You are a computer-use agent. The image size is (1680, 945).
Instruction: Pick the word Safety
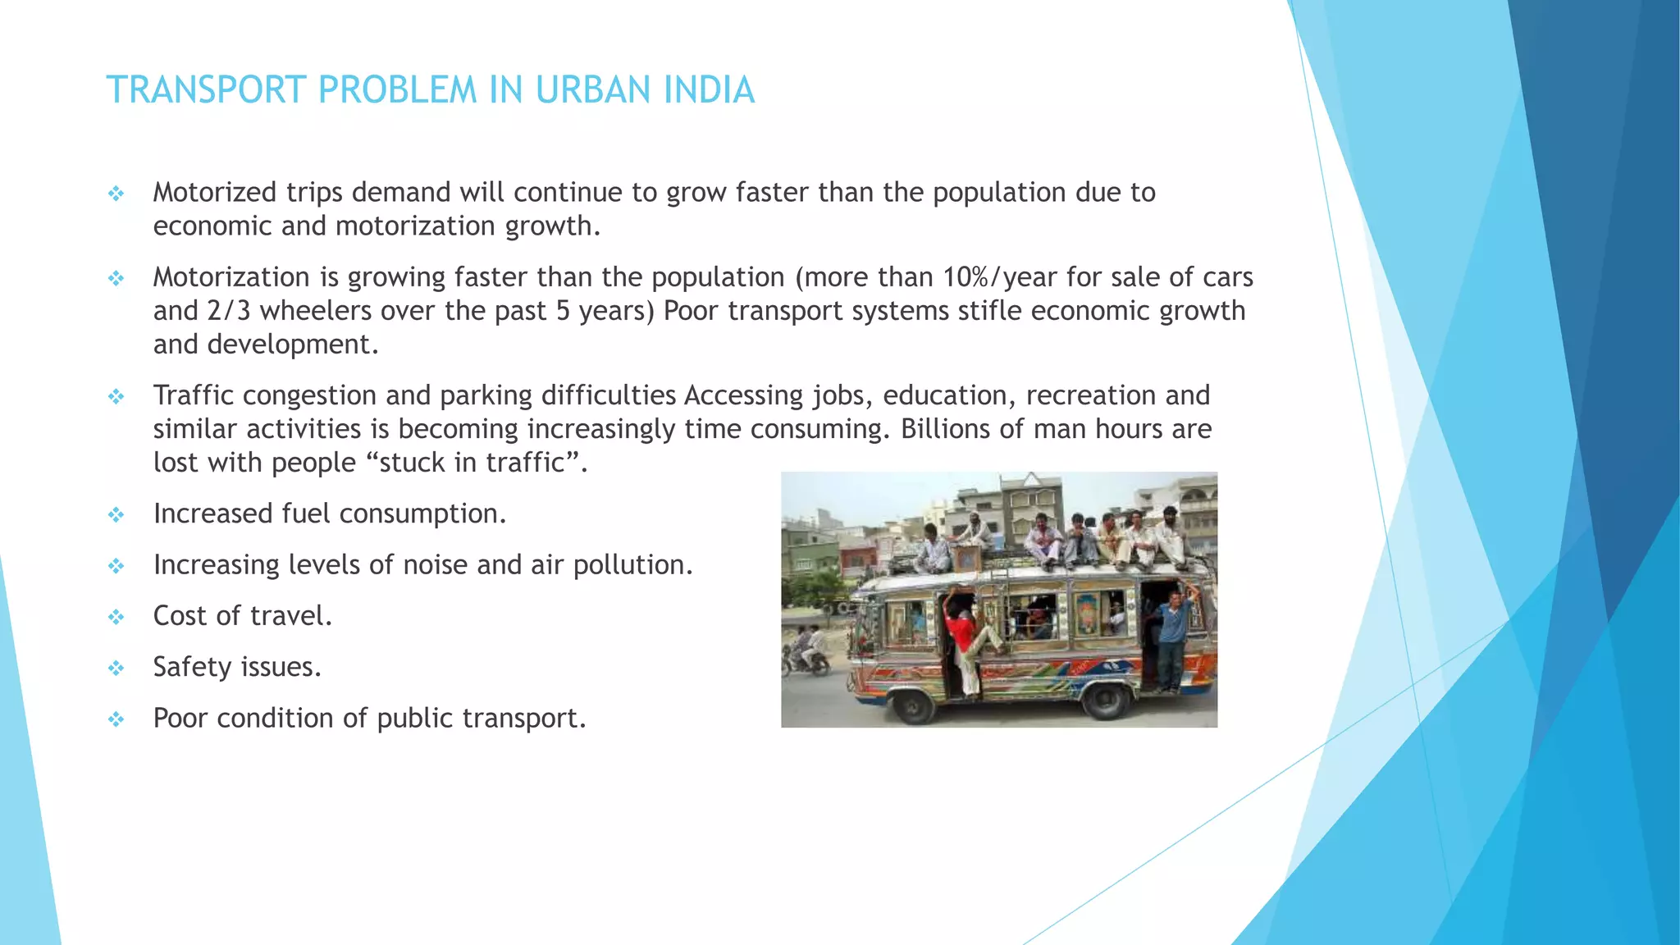(192, 667)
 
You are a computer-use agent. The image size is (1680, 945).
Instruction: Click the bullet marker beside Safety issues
(116, 669)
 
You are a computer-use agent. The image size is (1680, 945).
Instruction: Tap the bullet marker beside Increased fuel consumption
(116, 515)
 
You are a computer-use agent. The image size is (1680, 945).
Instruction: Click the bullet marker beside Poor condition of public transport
(116, 719)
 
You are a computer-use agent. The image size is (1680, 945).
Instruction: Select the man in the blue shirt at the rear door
(1171, 636)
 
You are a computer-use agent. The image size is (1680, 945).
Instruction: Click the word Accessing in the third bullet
(744, 395)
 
